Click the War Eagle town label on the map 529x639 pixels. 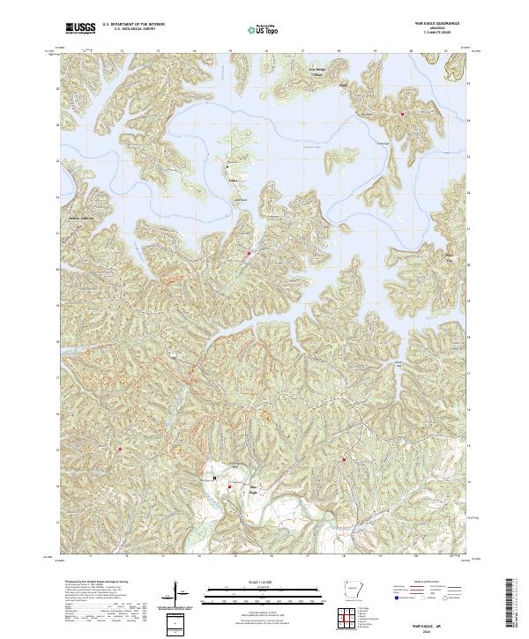coord(254,486)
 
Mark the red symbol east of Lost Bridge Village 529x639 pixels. coord(402,114)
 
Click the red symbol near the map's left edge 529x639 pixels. coord(120,450)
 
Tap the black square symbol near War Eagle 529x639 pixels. coord(214,477)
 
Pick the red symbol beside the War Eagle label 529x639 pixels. coord(231,486)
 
